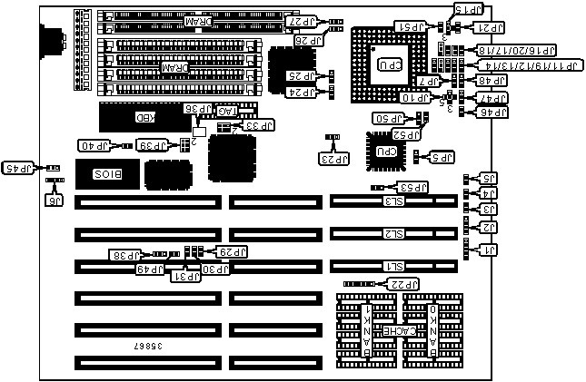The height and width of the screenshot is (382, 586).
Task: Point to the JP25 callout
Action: pos(300,75)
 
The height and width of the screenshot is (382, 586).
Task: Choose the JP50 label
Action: pos(389,119)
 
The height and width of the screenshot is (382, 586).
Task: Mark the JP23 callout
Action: pos(333,158)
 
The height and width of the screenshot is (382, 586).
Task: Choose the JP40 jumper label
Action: pos(93,145)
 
